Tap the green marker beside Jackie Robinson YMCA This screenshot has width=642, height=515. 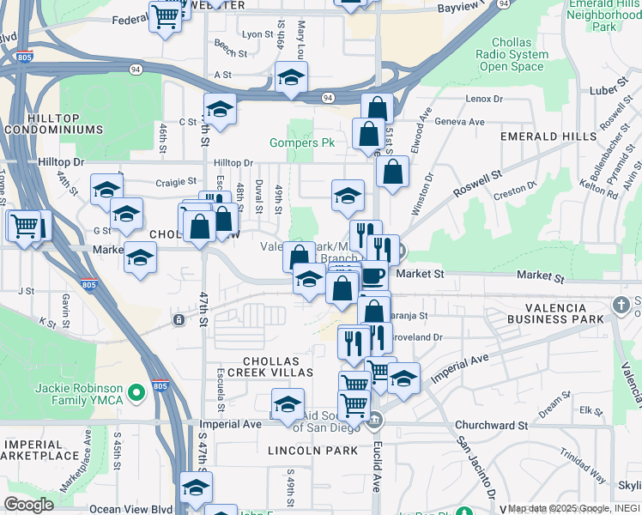135,394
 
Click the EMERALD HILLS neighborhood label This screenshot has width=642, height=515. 549,136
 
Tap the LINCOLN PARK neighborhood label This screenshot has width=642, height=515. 312,450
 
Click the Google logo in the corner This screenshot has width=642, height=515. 28,505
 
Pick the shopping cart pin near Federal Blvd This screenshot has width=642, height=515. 164,16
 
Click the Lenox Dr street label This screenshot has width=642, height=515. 484,99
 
